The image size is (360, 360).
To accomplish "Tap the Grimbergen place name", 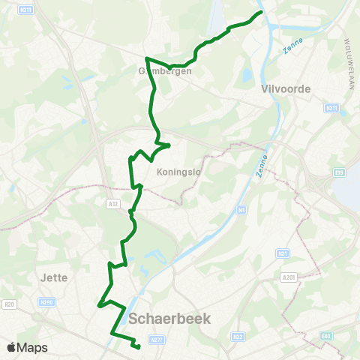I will point(166,71).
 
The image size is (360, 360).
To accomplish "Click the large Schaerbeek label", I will point(170,319).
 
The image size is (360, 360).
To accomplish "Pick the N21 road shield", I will point(282,253).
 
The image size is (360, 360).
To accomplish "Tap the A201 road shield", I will point(289,277).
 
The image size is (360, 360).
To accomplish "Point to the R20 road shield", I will point(10,304).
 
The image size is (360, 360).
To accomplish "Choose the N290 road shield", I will point(47,303).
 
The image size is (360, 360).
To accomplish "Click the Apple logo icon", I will point(11,348).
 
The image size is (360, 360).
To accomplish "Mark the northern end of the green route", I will point(261,13).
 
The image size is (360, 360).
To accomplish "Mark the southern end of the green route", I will point(139,346).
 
